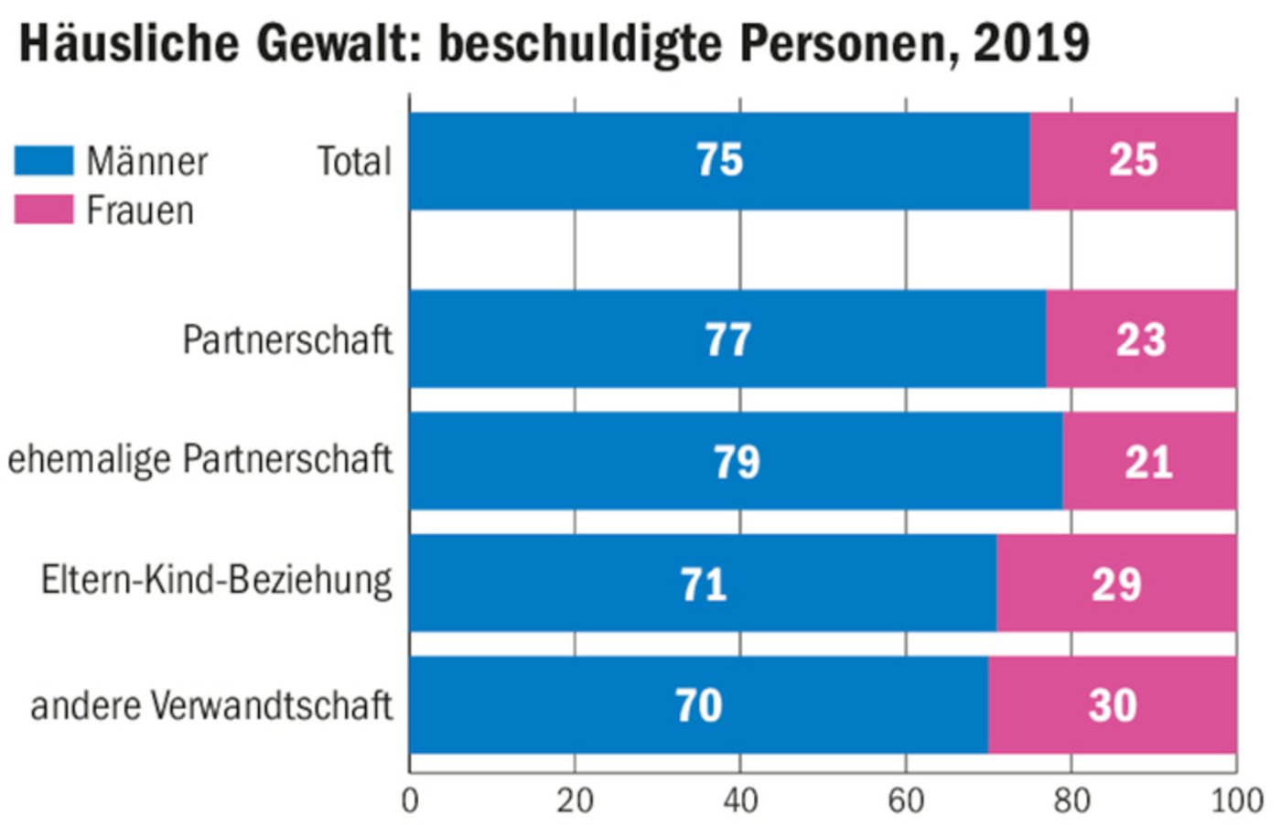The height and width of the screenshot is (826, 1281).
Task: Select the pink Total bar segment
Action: coord(1133,161)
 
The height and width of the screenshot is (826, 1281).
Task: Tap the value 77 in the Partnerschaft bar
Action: coord(727,340)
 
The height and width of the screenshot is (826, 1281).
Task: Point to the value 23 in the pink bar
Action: coord(1140,340)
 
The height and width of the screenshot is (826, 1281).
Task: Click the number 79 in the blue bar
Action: coord(737,462)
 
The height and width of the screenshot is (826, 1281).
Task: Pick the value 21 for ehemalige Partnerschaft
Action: coord(1148,462)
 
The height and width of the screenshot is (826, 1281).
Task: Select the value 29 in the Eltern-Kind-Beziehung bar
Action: coord(1116,585)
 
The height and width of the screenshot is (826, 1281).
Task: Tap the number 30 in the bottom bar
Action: coord(1113,705)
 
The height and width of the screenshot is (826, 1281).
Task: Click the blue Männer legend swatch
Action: coord(44,161)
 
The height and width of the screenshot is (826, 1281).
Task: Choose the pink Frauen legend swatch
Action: coord(44,209)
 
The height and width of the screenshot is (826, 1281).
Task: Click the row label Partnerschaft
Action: coord(287,340)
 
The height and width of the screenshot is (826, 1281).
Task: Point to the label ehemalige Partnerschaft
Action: coord(199,459)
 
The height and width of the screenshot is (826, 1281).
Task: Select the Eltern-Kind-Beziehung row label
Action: coord(217,581)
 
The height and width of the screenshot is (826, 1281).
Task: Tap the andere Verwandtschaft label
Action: coord(211,706)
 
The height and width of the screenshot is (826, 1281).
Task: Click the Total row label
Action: coord(354,162)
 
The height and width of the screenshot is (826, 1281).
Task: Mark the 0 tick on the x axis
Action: coord(410,800)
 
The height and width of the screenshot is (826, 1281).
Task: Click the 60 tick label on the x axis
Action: coord(906,800)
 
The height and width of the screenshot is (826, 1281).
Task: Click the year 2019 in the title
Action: coord(1031,43)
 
